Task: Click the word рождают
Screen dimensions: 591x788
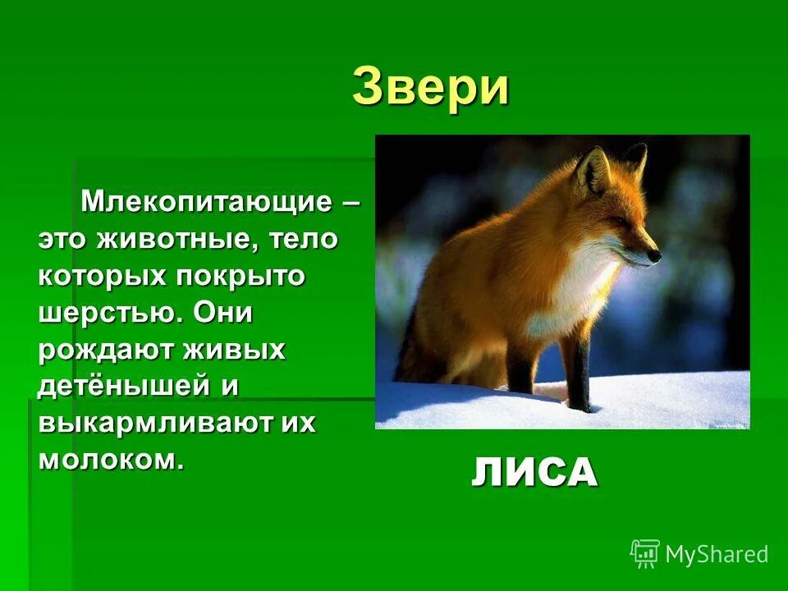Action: [95, 350]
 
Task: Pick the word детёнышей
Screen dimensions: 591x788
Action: [116, 386]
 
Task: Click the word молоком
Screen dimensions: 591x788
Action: [107, 460]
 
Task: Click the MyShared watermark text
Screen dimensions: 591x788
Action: [716, 554]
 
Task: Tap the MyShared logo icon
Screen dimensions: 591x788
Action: [645, 553]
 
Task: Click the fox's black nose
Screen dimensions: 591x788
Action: [654, 256]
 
